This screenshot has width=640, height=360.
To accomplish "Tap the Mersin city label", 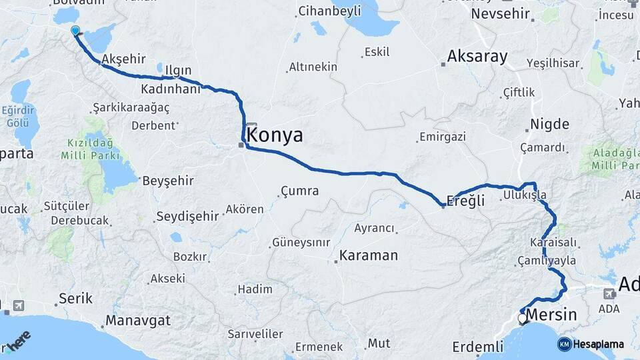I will tap(551, 315).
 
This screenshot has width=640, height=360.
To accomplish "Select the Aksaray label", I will tap(477, 57).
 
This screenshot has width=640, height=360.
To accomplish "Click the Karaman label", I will tap(369, 255).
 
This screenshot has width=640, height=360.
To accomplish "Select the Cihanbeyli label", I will tap(329, 11).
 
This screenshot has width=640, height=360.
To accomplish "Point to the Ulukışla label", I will tap(525, 195).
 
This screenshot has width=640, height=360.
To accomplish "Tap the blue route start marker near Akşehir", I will tap(75, 31).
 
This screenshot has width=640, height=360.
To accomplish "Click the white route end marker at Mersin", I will tap(523, 319).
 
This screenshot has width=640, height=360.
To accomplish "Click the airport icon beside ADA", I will tap(609, 293).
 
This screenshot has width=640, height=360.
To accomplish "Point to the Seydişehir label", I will tap(187, 216).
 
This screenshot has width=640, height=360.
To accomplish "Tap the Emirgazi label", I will tap(442, 137).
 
